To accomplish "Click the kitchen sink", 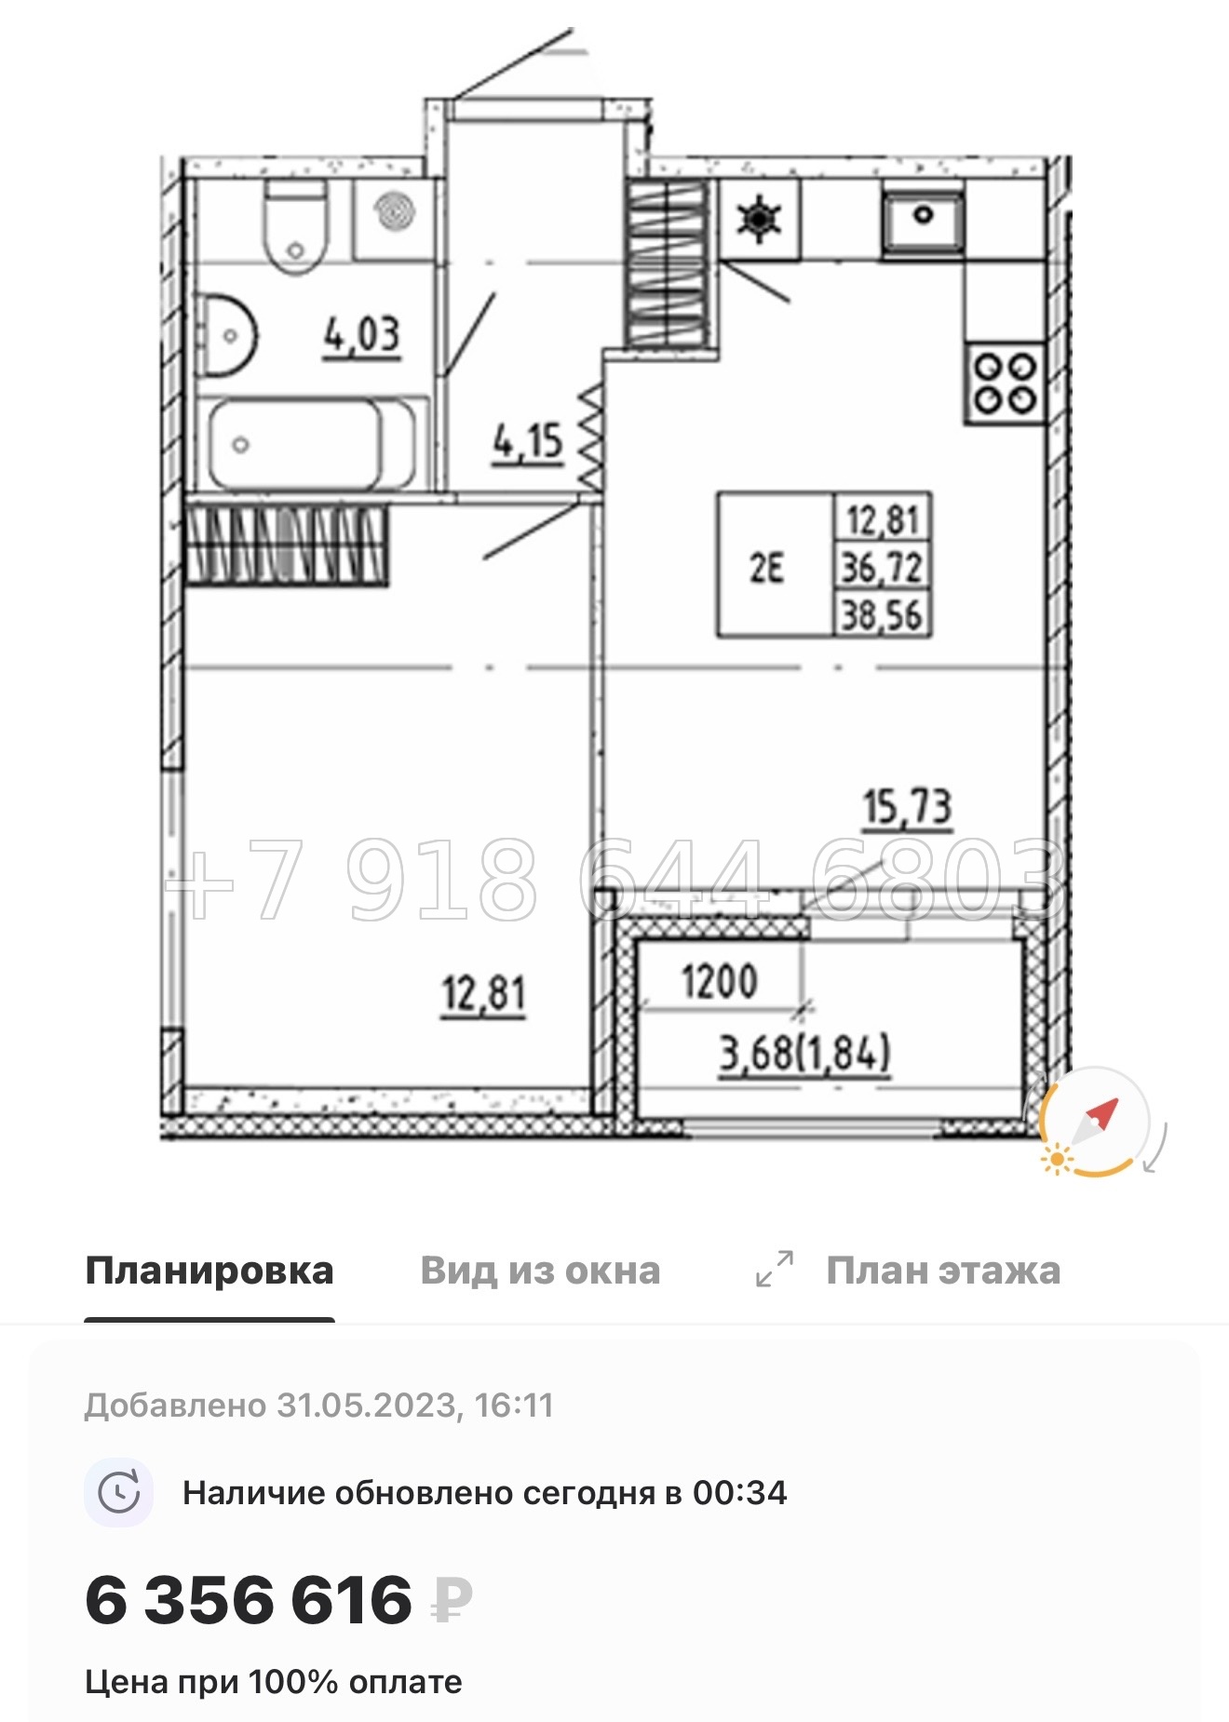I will click(922, 220).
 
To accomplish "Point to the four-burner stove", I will click(1004, 383).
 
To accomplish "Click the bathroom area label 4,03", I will click(362, 334).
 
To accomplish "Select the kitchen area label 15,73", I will click(907, 806).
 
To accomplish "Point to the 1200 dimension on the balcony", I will click(719, 981).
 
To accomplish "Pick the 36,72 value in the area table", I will click(882, 567).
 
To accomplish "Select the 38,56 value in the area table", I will click(882, 615).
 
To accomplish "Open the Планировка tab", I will click(209, 1271).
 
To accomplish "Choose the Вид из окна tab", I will click(540, 1271).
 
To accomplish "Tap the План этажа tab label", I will click(943, 1271).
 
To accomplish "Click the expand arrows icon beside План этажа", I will click(774, 1269).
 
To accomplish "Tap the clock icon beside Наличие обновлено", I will click(119, 1493).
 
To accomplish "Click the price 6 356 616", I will click(249, 1601).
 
